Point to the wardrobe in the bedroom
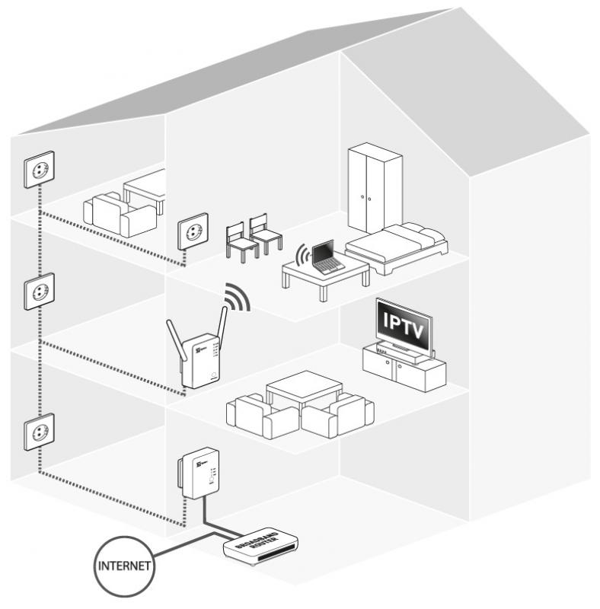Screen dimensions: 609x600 click(x=375, y=188)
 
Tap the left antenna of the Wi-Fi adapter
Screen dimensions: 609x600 click(x=175, y=343)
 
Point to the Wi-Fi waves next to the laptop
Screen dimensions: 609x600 click(x=302, y=254)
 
